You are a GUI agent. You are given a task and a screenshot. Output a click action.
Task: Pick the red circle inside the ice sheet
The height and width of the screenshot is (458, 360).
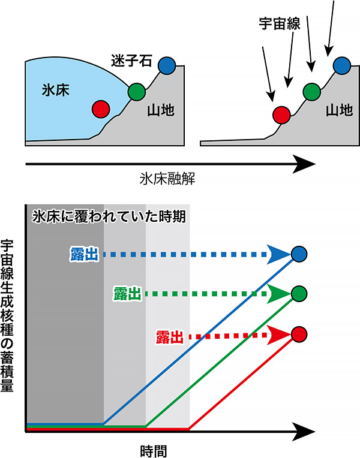tap(101, 109)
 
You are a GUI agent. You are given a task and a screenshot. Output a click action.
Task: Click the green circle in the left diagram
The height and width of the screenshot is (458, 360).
tap(137, 92)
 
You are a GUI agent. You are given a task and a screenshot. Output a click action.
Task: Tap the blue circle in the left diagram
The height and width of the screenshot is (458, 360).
tap(167, 64)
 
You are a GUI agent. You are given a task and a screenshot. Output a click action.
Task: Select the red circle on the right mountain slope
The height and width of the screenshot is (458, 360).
tap(281, 113)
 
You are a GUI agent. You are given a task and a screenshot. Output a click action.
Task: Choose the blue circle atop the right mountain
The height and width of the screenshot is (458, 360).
tap(341, 64)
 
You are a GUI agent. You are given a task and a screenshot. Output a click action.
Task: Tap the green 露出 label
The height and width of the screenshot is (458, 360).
tap(127, 294)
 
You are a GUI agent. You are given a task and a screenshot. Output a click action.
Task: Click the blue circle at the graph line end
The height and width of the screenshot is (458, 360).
tap(299, 254)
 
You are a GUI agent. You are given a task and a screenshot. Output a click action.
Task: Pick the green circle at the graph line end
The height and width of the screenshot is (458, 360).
tap(299, 293)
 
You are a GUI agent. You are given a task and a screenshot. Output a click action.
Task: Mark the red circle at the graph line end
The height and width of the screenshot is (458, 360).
tap(299, 335)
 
